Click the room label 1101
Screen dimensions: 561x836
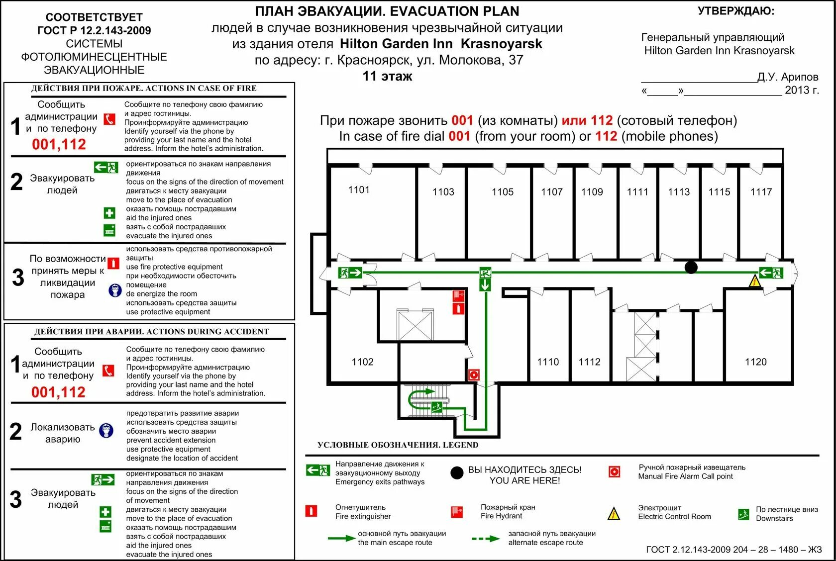click(359, 189)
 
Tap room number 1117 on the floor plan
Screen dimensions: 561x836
click(761, 192)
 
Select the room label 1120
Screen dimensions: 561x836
click(755, 362)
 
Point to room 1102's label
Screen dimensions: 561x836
click(362, 362)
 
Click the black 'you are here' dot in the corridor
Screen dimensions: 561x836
click(691, 268)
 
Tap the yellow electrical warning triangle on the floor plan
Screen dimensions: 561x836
click(755, 282)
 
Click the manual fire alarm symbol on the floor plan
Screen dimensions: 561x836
click(474, 374)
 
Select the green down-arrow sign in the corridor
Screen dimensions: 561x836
click(485, 285)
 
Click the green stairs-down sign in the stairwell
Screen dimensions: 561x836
click(437, 407)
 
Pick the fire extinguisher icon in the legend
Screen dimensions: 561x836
click(311, 511)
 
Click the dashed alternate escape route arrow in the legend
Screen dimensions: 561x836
click(485, 539)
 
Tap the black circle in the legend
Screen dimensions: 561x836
click(457, 473)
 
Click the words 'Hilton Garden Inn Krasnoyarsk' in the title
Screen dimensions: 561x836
click(441, 44)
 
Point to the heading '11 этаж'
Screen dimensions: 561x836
click(387, 76)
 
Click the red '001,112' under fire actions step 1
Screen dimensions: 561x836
click(59, 144)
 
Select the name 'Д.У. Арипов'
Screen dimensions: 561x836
click(788, 77)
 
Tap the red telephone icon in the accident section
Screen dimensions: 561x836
click(108, 371)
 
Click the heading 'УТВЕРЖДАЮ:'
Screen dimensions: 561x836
click(736, 11)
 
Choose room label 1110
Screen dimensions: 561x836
click(548, 362)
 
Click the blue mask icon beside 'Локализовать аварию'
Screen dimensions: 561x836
click(106, 431)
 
